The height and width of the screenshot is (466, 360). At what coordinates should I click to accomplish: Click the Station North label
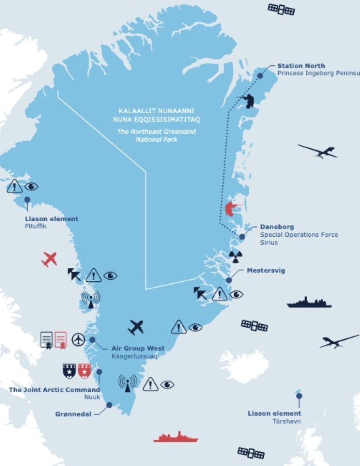coord(301,66)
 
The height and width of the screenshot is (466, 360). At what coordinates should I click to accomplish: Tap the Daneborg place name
coord(277,227)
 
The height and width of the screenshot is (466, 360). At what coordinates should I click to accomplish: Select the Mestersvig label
coord(266,270)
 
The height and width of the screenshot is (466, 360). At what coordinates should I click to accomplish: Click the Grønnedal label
coord(73,414)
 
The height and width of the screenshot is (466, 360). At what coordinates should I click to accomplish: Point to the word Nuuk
coord(92,397)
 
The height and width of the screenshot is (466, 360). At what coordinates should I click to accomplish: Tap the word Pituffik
coord(35,226)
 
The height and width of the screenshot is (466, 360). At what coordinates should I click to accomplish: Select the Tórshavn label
coord(286,421)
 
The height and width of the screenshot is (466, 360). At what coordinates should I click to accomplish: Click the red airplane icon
coord(50,259)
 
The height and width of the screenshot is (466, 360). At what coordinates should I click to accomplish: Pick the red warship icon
coord(176,437)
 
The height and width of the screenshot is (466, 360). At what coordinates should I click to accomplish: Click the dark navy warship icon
coord(309,302)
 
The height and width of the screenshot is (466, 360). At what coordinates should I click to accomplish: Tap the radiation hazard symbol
coord(236,256)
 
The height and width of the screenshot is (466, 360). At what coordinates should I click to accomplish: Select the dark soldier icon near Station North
coord(248,101)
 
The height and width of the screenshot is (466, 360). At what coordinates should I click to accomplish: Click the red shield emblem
coord(85,371)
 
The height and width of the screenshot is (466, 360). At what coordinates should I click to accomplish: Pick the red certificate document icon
coord(61,339)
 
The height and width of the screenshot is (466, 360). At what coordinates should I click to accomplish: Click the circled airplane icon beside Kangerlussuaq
coord(78,339)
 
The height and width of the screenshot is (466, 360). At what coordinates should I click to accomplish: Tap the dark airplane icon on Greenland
coord(136,327)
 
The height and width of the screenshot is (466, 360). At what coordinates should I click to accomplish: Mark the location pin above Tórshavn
coord(299,396)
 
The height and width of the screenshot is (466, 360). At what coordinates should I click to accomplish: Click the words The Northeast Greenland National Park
coord(156,135)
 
